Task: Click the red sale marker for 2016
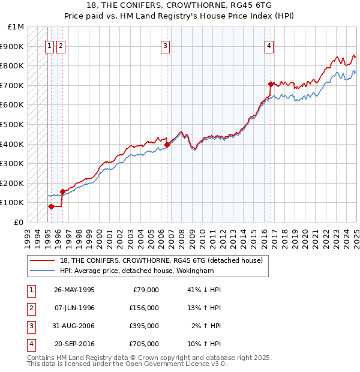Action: pos(271,84)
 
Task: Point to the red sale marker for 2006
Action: pos(167,145)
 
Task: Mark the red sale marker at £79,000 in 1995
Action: pos(51,206)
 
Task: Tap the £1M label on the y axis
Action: pos(16,27)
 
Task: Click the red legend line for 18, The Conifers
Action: pos(43,261)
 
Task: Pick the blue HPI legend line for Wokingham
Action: pos(43,271)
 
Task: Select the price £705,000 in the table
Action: pos(144,344)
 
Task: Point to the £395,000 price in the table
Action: pos(144,326)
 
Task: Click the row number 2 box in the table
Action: pos(30,308)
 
